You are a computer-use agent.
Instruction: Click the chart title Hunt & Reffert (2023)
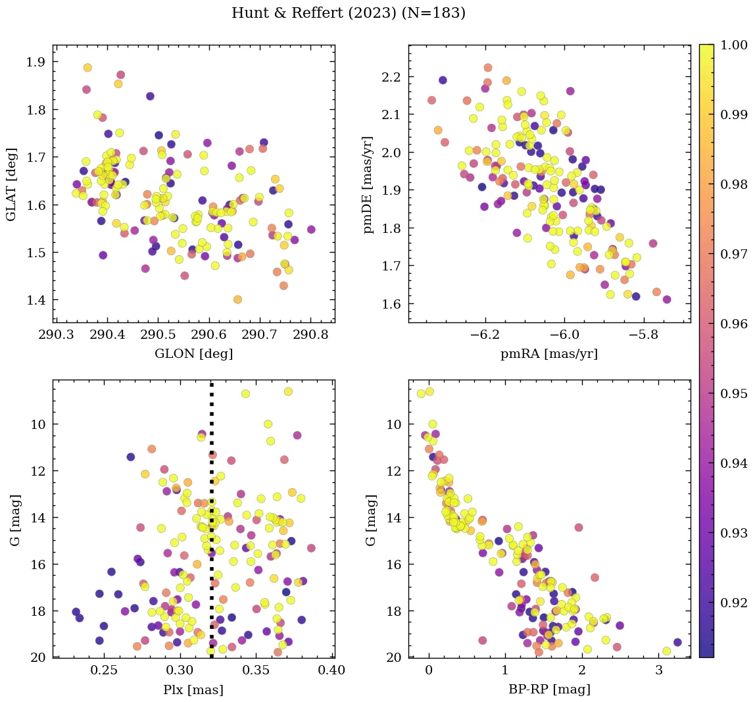[x=349, y=13]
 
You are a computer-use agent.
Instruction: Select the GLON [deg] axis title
[x=193, y=353]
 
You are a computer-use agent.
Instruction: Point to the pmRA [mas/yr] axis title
[x=549, y=353]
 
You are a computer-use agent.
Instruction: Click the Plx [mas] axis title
[x=193, y=689]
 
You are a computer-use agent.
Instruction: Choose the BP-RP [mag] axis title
[x=549, y=689]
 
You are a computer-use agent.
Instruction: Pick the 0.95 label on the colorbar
[x=734, y=393]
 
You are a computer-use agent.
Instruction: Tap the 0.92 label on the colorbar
[x=734, y=603]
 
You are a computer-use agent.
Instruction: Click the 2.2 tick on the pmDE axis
[x=391, y=77]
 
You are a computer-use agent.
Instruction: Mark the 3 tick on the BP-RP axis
[x=659, y=671]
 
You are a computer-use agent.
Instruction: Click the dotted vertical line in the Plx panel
[x=212, y=526]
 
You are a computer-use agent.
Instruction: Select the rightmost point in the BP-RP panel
[x=677, y=642]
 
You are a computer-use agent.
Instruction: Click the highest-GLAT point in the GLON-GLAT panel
[x=87, y=68]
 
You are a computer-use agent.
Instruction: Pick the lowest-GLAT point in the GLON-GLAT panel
[x=237, y=299]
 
